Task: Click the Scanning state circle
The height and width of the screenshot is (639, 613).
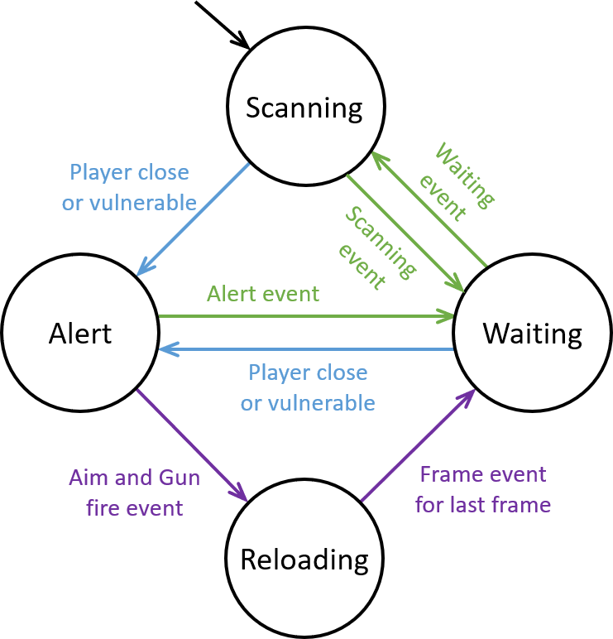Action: pos(305,107)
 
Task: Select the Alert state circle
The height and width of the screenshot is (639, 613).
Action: pos(80,333)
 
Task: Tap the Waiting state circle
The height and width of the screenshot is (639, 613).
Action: pos(533,333)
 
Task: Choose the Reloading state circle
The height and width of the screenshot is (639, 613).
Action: pos(304,560)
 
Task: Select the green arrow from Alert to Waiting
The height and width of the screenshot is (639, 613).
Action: pos(306,316)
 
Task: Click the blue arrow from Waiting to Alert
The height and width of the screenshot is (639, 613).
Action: pos(306,349)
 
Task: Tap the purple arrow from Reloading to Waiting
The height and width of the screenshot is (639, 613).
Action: pos(417,446)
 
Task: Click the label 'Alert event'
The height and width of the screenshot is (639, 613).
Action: pos(263,293)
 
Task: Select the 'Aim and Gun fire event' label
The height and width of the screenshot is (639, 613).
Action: pos(134,492)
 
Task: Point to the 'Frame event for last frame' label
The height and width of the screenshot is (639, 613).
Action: pos(483,489)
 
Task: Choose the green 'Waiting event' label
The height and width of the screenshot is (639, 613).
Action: pos(455,182)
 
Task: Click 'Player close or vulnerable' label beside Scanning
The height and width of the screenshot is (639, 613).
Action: pos(129,187)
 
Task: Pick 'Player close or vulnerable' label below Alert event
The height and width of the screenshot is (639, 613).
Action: pos(308,387)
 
